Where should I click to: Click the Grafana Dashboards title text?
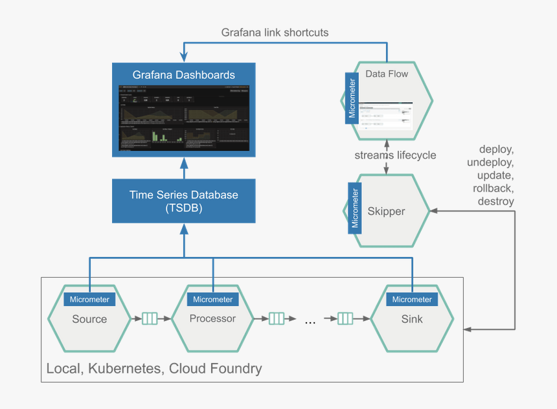pyautogui.click(x=183, y=75)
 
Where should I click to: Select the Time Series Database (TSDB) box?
pyautogui.click(x=183, y=201)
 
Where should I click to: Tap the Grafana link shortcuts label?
pyautogui.click(x=275, y=32)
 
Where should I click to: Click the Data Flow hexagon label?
pyautogui.click(x=387, y=74)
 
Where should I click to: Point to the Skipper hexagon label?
pyautogui.click(x=386, y=212)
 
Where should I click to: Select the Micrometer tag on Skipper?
pyautogui.click(x=354, y=208)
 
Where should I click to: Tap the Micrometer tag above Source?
pyautogui.click(x=89, y=300)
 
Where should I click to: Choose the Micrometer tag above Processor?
pyautogui.click(x=212, y=300)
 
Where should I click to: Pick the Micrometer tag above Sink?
pyautogui.click(x=412, y=300)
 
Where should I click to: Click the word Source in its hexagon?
pyautogui.click(x=89, y=319)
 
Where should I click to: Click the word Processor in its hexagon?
pyautogui.click(x=212, y=318)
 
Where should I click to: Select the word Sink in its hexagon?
pyautogui.click(x=412, y=319)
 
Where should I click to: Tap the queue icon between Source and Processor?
pyautogui.click(x=150, y=318)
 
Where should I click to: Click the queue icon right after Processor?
pyautogui.click(x=277, y=318)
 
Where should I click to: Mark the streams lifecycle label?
pyautogui.click(x=395, y=155)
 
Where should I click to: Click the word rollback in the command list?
pyautogui.click(x=493, y=188)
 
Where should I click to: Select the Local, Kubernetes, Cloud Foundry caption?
pyautogui.click(x=154, y=369)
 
